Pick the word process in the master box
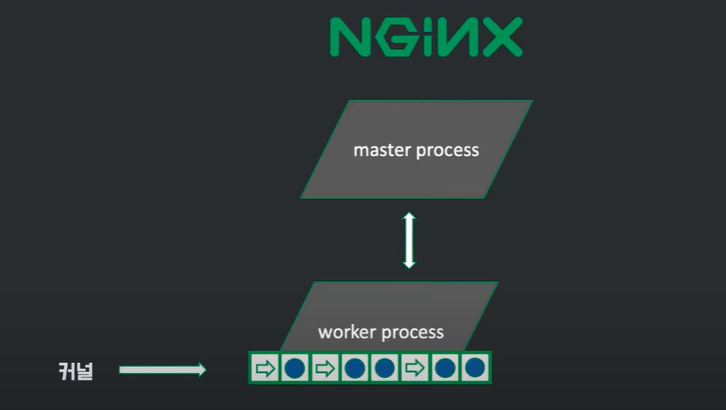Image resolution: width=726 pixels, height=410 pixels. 448,152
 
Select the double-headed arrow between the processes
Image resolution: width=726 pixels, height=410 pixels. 409,240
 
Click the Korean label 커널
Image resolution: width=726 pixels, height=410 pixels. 76,370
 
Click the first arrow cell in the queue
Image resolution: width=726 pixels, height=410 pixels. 264,368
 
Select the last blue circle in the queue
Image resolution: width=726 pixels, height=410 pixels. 476,368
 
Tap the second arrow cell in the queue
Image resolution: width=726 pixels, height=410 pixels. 325,368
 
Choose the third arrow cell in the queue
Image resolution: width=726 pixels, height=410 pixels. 415,368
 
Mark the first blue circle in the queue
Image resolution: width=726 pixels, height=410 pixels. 295,368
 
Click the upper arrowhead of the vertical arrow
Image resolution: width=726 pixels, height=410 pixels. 409,217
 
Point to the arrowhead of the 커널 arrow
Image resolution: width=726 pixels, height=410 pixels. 201,370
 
